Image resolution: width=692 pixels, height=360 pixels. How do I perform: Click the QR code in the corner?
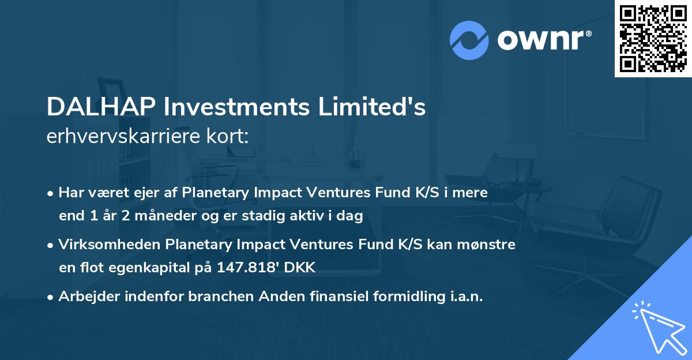click(x=653, y=39)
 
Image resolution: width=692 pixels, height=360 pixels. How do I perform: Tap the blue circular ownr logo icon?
click(x=469, y=40)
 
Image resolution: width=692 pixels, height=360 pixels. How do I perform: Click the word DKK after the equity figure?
click(x=302, y=267)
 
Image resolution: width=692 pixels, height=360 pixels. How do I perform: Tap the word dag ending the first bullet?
click(x=351, y=216)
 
